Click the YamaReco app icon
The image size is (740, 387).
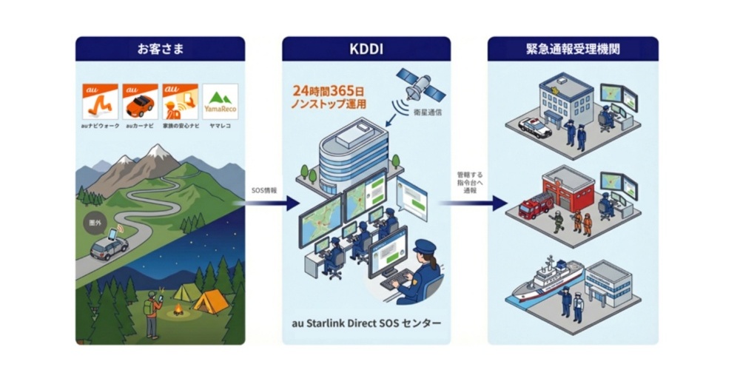pos(220,101)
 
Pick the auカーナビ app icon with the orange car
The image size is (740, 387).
pos(140,101)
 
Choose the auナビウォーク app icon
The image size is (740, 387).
pos(100,101)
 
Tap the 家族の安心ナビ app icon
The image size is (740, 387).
pos(180,101)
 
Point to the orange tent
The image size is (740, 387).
pos(211,301)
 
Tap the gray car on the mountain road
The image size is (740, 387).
pos(109,248)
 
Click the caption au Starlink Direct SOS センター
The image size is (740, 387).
pos(366,324)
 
